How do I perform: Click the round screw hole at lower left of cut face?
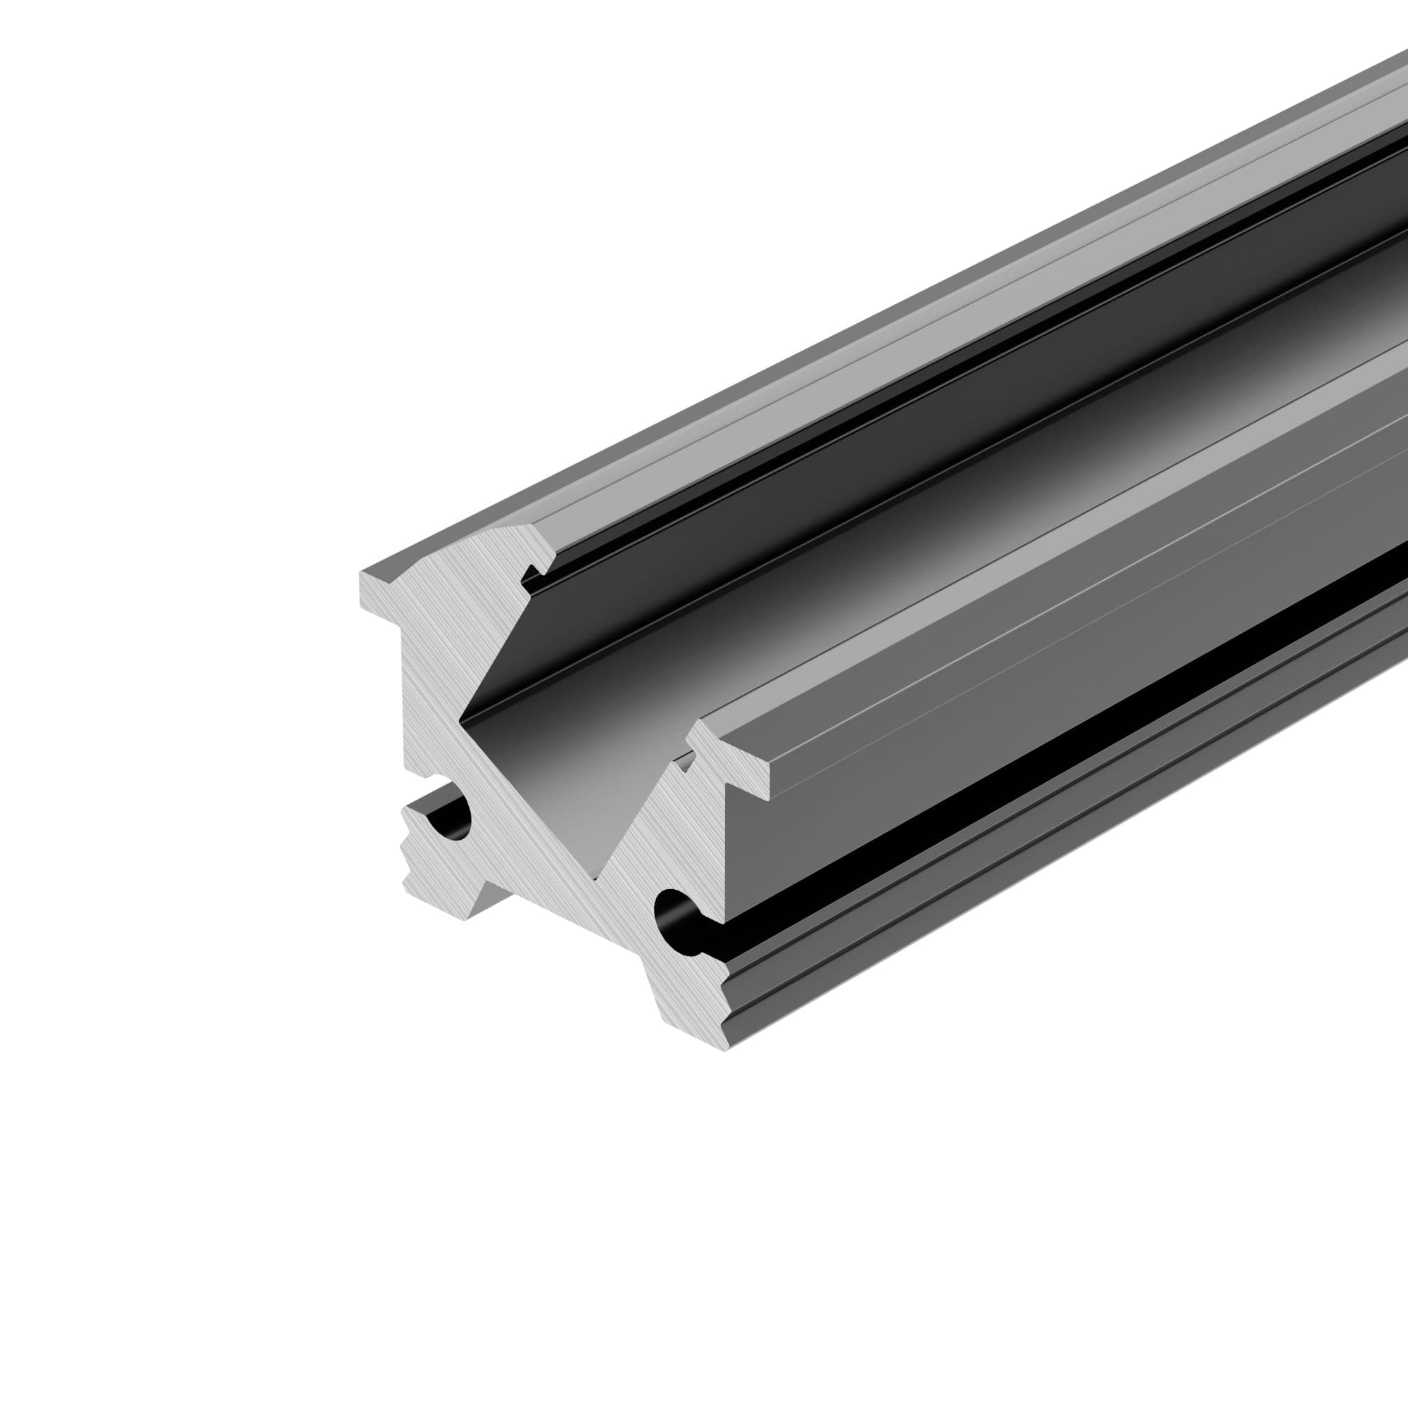tap(452, 817)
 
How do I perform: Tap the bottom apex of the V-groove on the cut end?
tap(597, 878)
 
